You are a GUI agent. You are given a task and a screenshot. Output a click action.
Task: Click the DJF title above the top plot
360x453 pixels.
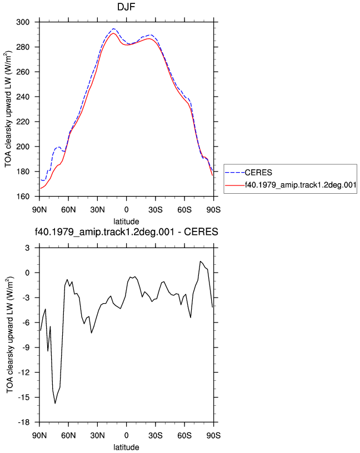click(126, 7)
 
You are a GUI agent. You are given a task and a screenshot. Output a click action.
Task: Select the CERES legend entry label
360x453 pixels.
click(258, 173)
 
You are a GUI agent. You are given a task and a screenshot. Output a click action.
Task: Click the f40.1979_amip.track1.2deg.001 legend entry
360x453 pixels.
click(301, 185)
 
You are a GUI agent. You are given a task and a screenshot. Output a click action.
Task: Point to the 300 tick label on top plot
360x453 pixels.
click(23, 22)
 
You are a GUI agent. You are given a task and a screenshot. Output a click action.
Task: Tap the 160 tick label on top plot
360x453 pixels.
click(23, 197)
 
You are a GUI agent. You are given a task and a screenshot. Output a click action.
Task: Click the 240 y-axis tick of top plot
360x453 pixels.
click(23, 97)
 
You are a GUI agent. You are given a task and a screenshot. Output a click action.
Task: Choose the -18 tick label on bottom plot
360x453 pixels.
click(24, 422)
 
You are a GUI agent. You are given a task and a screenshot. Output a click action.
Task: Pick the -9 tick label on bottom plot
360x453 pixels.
click(26, 348)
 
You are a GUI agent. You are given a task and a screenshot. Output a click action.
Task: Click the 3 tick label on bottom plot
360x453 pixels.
click(27, 248)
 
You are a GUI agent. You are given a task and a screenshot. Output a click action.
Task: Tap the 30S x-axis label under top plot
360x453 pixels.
click(156, 210)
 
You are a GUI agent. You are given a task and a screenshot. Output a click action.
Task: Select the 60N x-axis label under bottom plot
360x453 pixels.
click(68, 436)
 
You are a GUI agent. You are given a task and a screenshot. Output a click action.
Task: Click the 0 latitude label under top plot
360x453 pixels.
click(126, 210)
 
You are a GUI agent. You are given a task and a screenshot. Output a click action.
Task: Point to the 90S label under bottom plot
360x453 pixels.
click(213, 436)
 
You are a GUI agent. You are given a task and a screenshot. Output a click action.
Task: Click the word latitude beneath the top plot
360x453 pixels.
click(126, 222)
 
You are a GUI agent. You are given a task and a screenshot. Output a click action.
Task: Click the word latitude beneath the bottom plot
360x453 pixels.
click(126, 447)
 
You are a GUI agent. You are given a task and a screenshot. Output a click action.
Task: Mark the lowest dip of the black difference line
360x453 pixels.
click(55, 403)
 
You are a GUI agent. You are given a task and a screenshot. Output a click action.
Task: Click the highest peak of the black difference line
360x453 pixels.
click(200, 261)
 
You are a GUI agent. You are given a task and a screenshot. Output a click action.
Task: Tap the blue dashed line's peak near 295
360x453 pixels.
click(113, 29)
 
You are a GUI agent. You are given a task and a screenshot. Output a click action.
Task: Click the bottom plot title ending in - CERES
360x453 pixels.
click(126, 231)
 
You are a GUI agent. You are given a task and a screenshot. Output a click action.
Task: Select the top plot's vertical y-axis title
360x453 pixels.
click(8, 109)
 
